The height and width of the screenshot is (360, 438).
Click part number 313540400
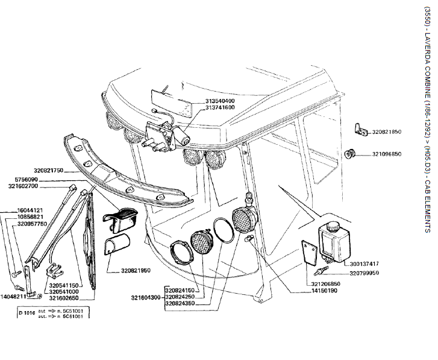[203, 101]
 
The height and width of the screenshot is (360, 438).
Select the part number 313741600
[203, 107]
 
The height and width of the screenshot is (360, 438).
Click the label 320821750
[49, 171]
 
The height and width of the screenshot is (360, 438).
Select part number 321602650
[64, 298]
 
